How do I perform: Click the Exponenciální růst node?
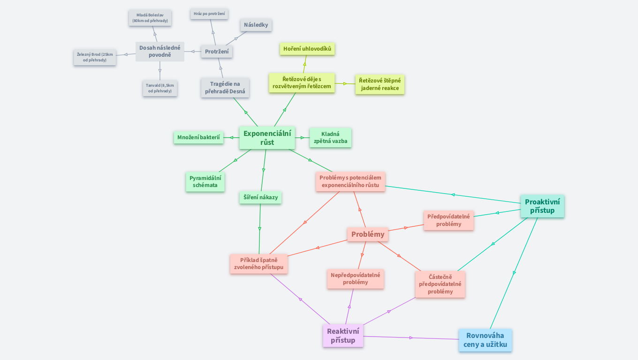[267, 138]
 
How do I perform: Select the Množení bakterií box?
[198, 137]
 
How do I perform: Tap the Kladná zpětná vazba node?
[330, 137]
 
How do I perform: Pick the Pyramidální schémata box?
[205, 181]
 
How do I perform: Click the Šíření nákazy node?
[260, 197]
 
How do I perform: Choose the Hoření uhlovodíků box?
[307, 49]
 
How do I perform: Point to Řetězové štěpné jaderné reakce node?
[380, 84]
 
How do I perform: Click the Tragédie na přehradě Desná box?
[225, 88]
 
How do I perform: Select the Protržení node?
[217, 52]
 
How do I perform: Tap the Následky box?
[256, 25]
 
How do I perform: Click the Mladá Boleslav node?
[150, 18]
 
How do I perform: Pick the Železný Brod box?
[95, 57]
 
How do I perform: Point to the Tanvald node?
[160, 88]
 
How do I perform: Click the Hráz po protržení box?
[209, 14]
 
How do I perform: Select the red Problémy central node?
[368, 234]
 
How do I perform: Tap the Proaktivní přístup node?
[542, 206]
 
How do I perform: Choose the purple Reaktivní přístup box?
[343, 336]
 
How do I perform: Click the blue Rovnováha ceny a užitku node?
[485, 340]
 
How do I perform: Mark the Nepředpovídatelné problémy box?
[355, 278]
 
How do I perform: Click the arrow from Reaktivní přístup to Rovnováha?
[411, 337]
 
